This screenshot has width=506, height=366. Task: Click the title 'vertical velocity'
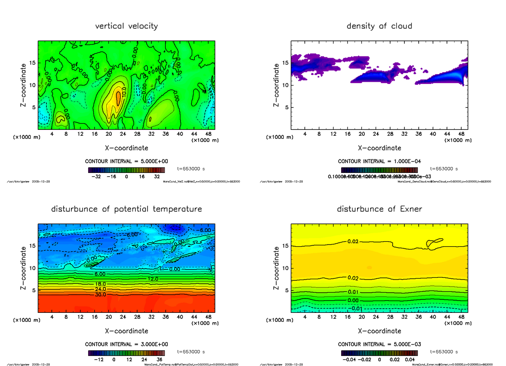[x=126, y=26]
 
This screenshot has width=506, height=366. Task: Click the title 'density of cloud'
[x=379, y=26]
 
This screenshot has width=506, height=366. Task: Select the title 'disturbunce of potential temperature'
[x=126, y=209]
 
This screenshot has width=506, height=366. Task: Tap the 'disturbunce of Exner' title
[x=379, y=209]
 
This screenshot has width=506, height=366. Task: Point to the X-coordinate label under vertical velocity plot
[x=126, y=148]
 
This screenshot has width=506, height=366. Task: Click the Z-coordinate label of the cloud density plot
[x=277, y=85]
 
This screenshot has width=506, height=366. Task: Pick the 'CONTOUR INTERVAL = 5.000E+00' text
[x=126, y=161]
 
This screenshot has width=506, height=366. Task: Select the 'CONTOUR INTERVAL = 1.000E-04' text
[x=379, y=161]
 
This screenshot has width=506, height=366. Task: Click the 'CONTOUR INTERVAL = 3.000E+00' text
[x=126, y=344]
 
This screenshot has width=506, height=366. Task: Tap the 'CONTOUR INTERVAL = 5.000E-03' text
[x=379, y=344]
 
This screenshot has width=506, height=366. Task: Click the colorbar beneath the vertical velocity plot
[x=126, y=170]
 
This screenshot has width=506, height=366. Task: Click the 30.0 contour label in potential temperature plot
[x=100, y=294]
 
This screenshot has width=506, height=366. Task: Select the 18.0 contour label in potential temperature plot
[x=100, y=284]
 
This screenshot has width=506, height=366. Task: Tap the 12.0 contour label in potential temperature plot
[x=153, y=279]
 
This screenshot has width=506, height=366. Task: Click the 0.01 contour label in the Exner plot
[x=353, y=292]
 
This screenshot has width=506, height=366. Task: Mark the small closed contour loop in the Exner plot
[x=434, y=242]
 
